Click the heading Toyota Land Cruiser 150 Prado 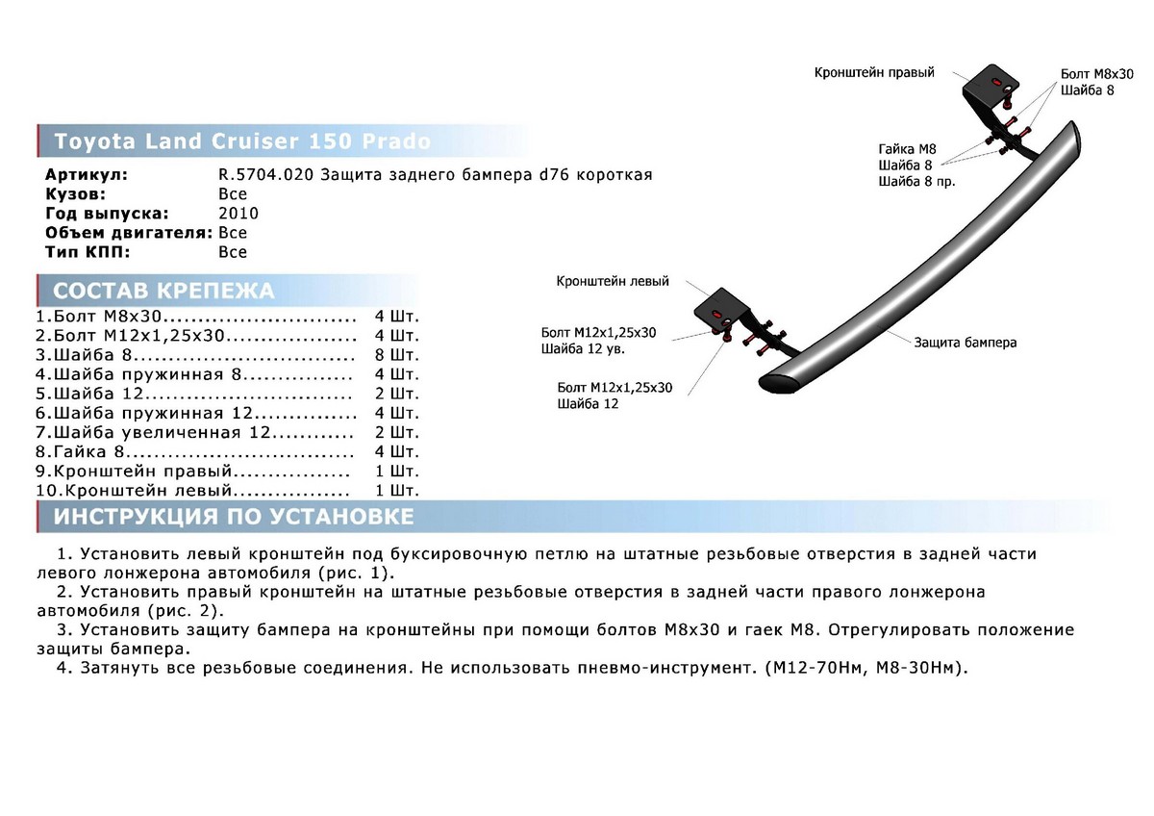(x=242, y=141)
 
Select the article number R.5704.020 (x=265, y=175)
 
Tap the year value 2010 (x=238, y=214)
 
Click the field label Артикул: (x=87, y=175)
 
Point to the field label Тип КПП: (x=88, y=252)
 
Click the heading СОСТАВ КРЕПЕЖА (x=163, y=291)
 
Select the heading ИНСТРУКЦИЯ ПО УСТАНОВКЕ (x=234, y=517)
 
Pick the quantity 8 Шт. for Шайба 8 (x=396, y=355)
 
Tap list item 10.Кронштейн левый (x=134, y=490)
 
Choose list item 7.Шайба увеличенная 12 (x=153, y=432)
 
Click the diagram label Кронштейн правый (x=874, y=73)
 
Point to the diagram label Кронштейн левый (x=613, y=281)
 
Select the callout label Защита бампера (x=966, y=343)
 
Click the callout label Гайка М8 (x=907, y=149)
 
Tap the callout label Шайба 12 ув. (x=583, y=349)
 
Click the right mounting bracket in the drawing (x=984, y=98)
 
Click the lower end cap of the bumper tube (x=779, y=383)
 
